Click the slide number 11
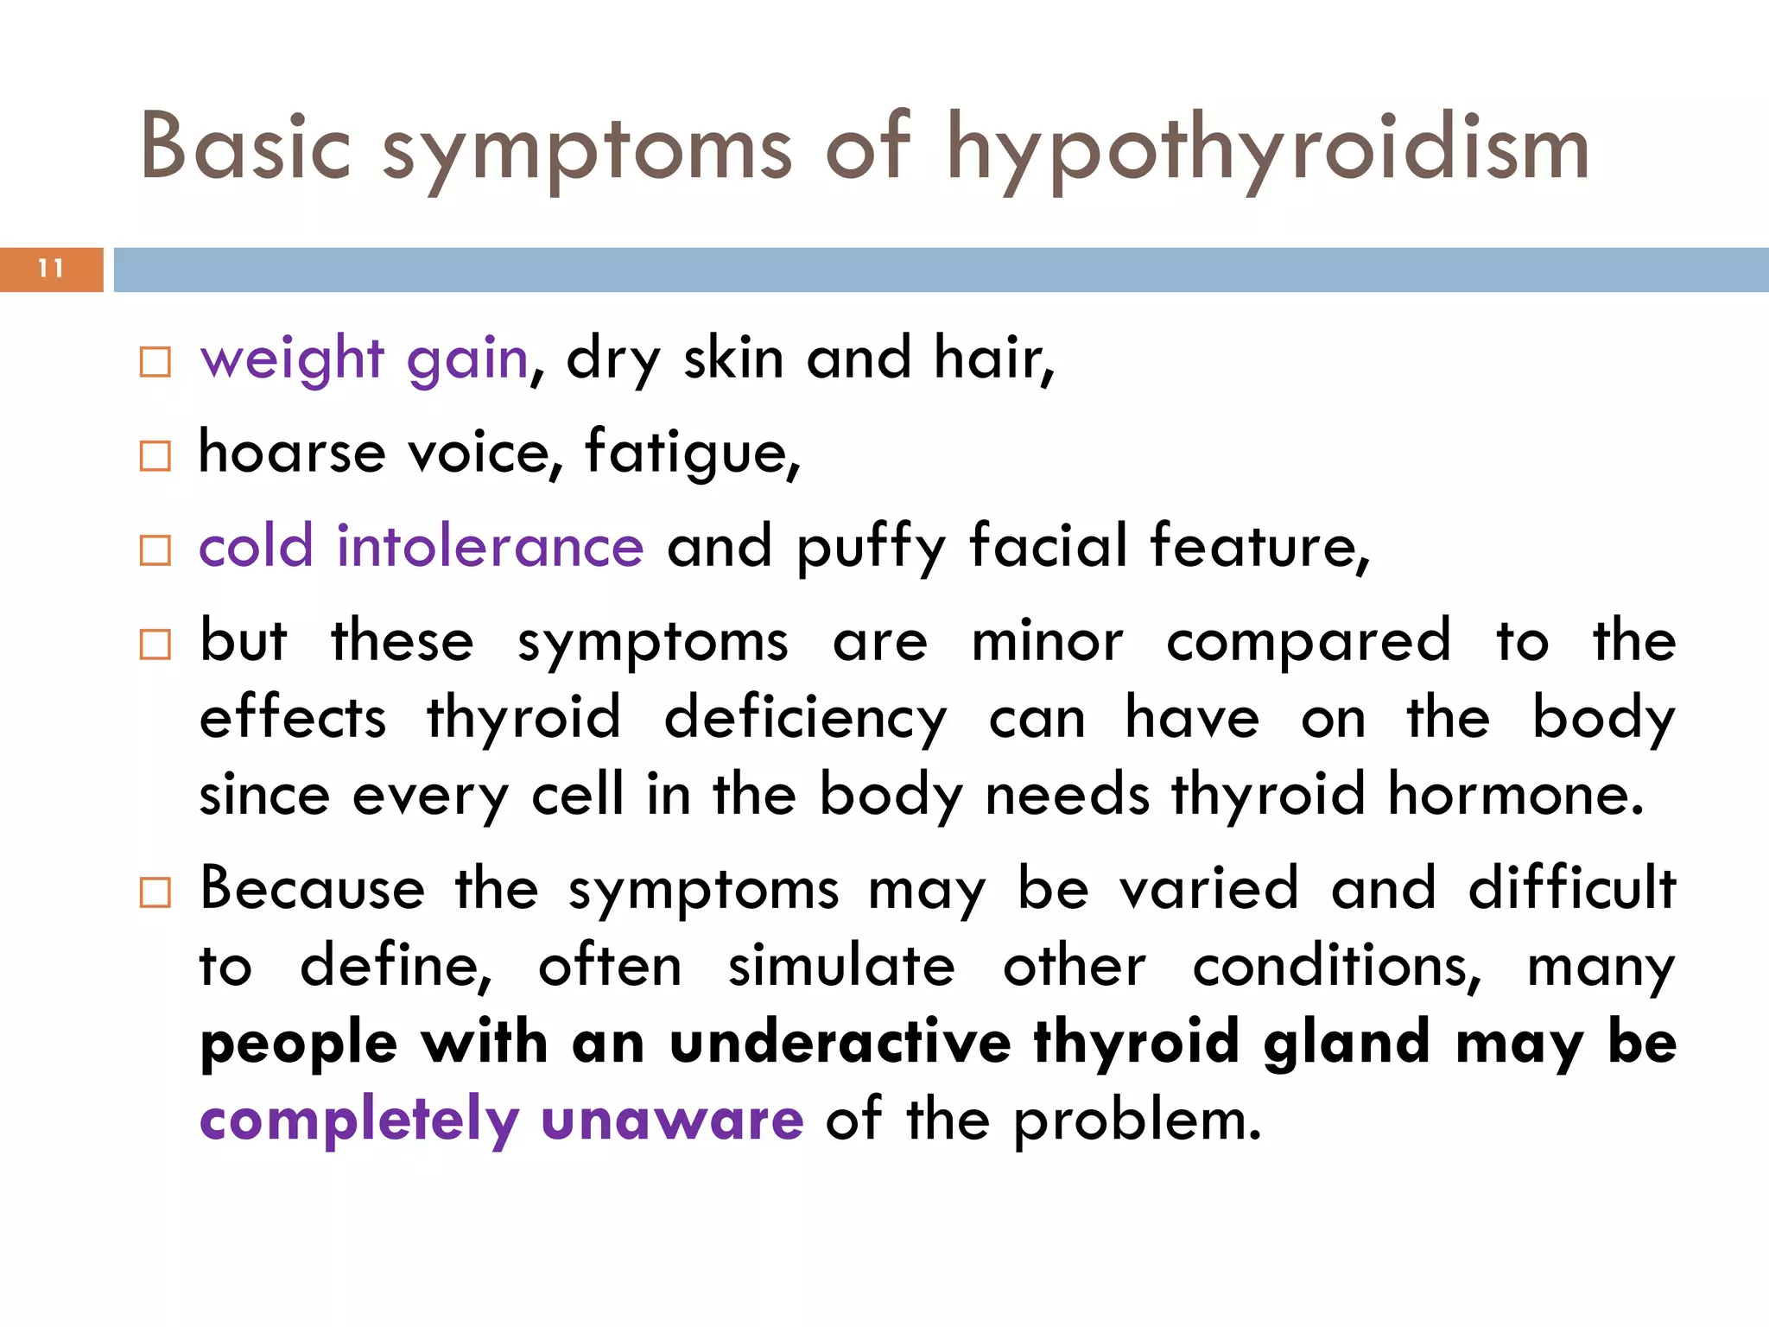click(x=51, y=269)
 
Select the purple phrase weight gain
click(x=364, y=359)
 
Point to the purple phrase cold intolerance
click(x=422, y=547)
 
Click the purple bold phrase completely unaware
click(x=502, y=1120)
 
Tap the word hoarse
click(x=292, y=453)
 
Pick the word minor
click(x=1047, y=642)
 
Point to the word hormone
click(x=1516, y=795)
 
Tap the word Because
click(x=313, y=888)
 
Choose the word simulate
click(x=841, y=966)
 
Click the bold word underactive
click(x=840, y=1042)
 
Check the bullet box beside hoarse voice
click(x=155, y=455)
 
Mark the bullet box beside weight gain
click(x=155, y=362)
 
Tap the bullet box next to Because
click(x=155, y=892)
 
